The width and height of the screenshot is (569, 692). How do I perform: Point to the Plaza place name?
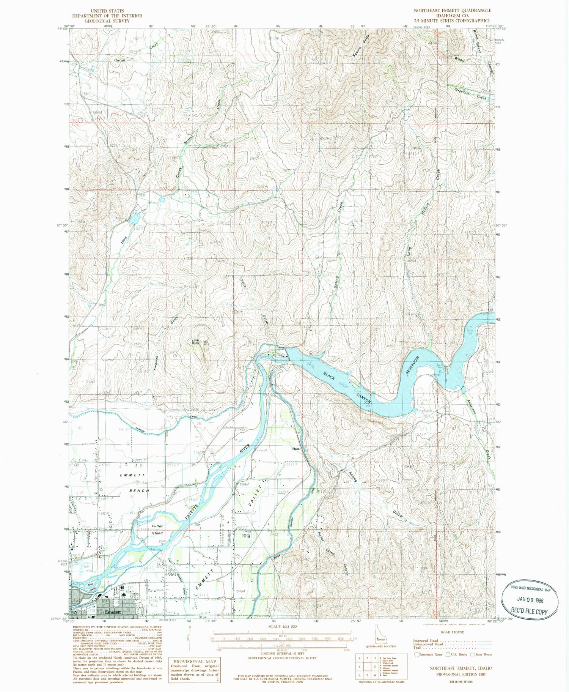[296, 449]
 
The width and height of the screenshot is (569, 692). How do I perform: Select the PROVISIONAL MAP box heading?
[195, 661]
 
